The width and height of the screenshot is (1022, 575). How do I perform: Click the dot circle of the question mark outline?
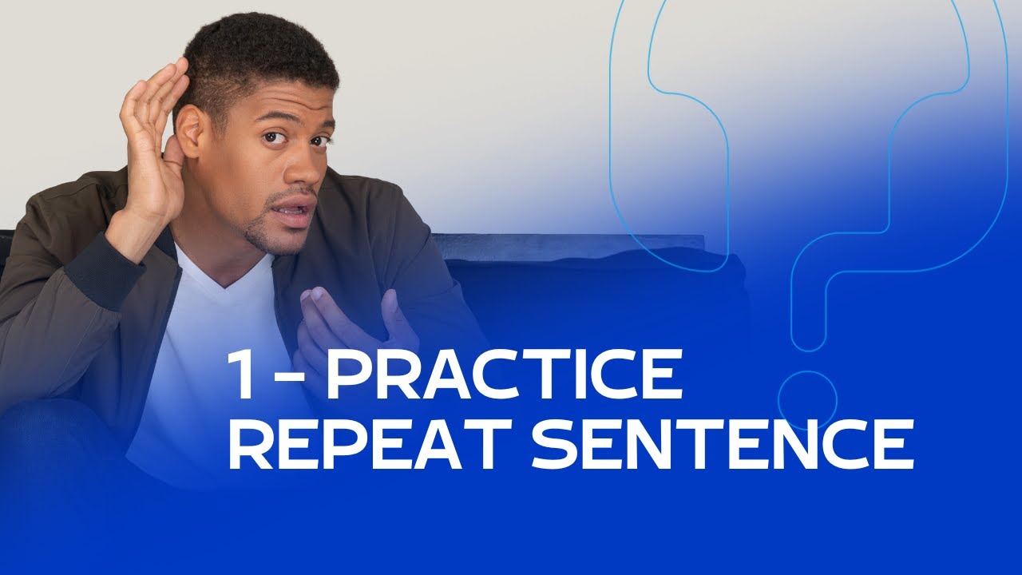point(807,399)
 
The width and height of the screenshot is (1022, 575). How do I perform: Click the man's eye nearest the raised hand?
point(276,137)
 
